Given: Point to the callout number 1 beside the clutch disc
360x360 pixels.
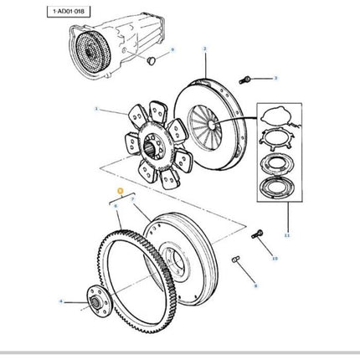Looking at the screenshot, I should tap(97, 110).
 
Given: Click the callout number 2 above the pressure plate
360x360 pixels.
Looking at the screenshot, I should tap(204, 51).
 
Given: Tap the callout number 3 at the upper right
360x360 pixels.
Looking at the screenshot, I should tap(275, 79).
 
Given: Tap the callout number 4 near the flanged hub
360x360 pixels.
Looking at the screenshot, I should tap(60, 301).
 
